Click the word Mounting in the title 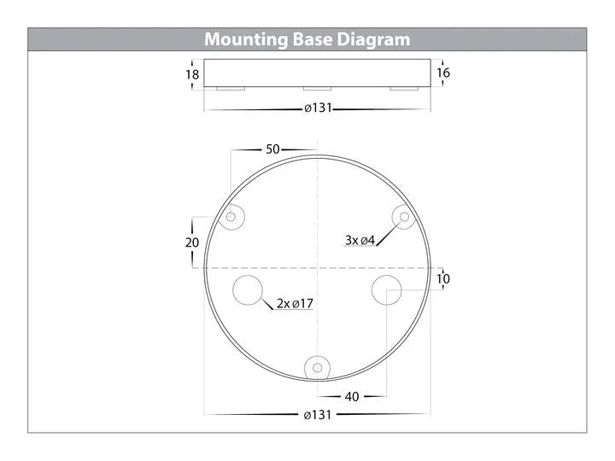(246, 40)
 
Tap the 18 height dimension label (192, 74)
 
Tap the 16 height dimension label (443, 73)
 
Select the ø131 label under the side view (318, 108)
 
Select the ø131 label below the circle (317, 415)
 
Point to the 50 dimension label (272, 149)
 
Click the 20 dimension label (192, 242)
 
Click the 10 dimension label (443, 279)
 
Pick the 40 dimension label (352, 397)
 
